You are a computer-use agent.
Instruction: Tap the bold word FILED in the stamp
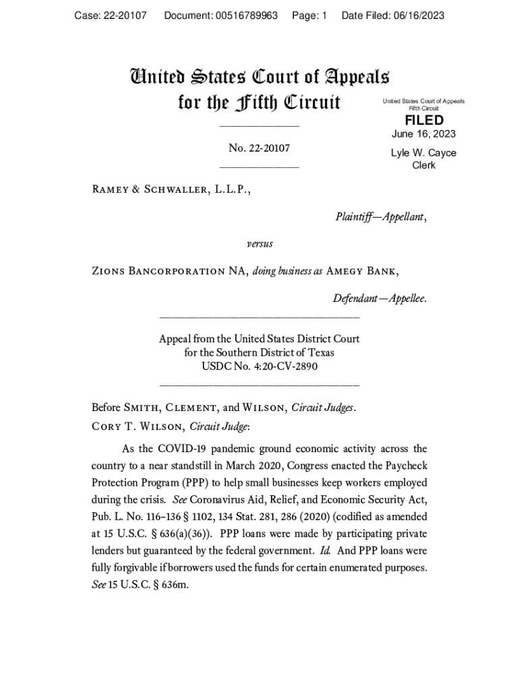coord(424,121)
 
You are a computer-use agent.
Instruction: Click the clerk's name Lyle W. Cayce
coord(424,153)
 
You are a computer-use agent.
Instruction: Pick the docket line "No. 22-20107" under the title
coord(259,148)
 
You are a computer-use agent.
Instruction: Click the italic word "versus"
coord(259,243)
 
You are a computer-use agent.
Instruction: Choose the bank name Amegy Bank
coord(361,271)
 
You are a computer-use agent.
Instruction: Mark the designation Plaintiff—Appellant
coord(380,216)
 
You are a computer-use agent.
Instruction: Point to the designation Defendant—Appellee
coord(379,298)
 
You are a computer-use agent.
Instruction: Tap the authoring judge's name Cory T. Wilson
coord(138,426)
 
